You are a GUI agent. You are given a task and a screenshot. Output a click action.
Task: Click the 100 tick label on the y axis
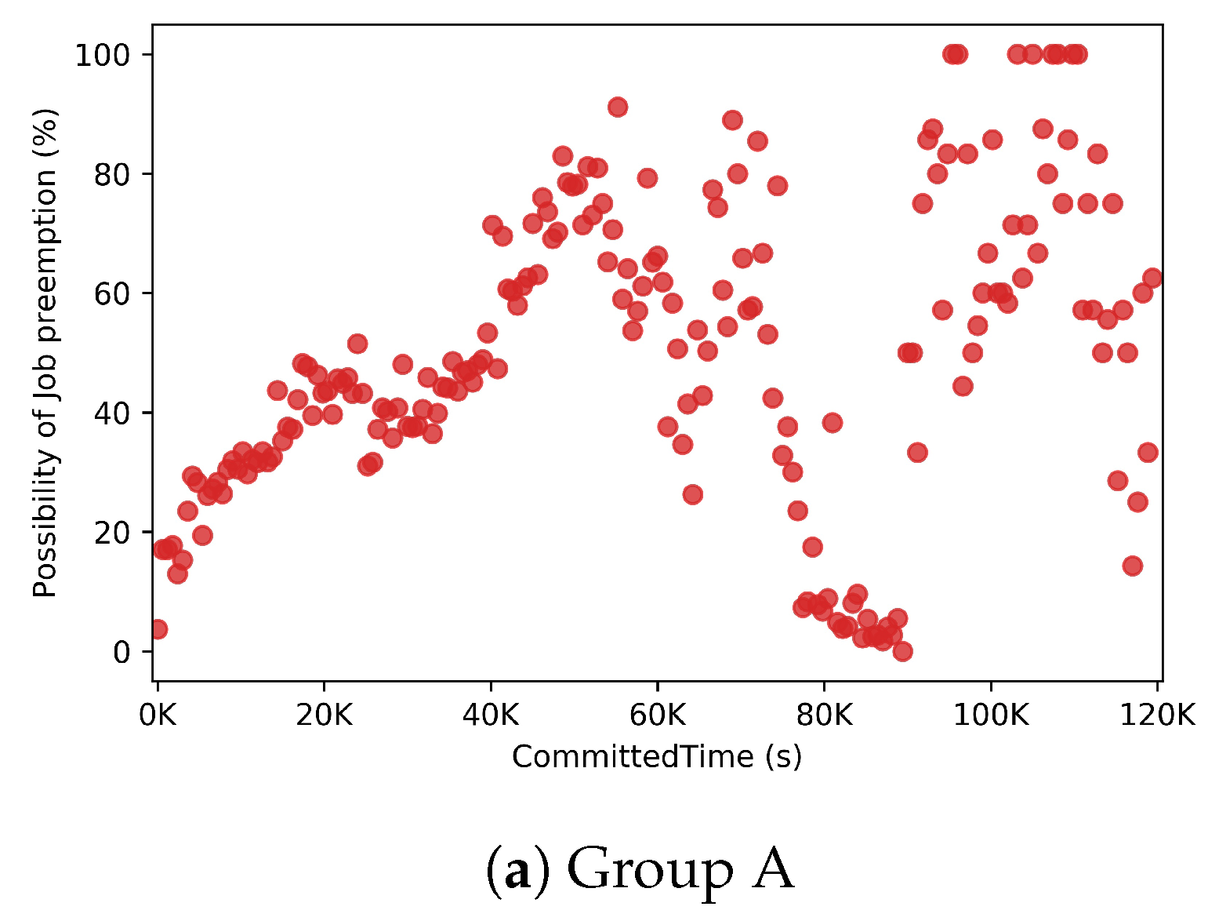pos(102,55)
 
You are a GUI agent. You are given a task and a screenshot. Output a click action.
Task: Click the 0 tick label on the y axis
pos(121,652)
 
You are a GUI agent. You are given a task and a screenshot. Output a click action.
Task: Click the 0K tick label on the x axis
pos(158,715)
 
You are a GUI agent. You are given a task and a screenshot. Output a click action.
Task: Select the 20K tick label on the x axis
pos(324,715)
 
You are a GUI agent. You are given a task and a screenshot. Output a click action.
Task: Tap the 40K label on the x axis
pos(491,715)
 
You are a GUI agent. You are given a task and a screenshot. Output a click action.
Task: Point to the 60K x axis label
pos(657,715)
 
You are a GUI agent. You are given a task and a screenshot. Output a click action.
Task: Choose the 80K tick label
pos(824,715)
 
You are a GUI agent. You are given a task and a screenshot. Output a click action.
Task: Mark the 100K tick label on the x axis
pos(990,715)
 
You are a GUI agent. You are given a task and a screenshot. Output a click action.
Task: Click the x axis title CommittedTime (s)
pos(657,757)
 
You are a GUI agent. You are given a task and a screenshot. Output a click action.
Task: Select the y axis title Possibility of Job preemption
pos(45,353)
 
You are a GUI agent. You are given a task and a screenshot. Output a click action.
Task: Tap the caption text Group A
pos(640,869)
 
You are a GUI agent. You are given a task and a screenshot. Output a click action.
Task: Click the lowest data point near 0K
pos(158,629)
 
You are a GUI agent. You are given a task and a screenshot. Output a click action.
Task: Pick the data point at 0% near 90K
pos(902,651)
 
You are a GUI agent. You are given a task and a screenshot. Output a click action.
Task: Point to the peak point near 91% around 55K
pos(618,107)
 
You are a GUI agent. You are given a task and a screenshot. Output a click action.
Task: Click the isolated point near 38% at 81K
pos(832,423)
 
